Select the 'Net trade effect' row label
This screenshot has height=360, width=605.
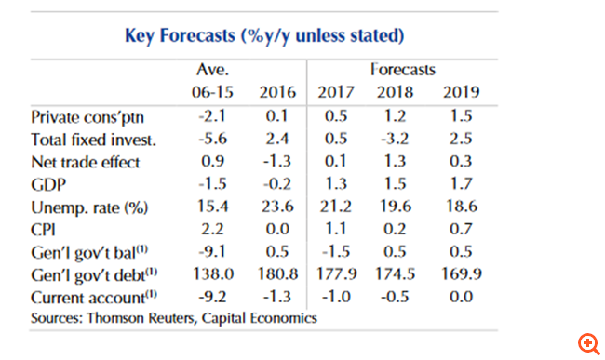(85, 163)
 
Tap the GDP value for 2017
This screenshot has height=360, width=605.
(337, 185)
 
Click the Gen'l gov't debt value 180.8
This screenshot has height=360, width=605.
(276, 274)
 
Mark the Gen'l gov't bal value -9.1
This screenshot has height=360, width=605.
(214, 252)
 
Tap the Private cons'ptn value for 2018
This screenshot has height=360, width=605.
(395, 118)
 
